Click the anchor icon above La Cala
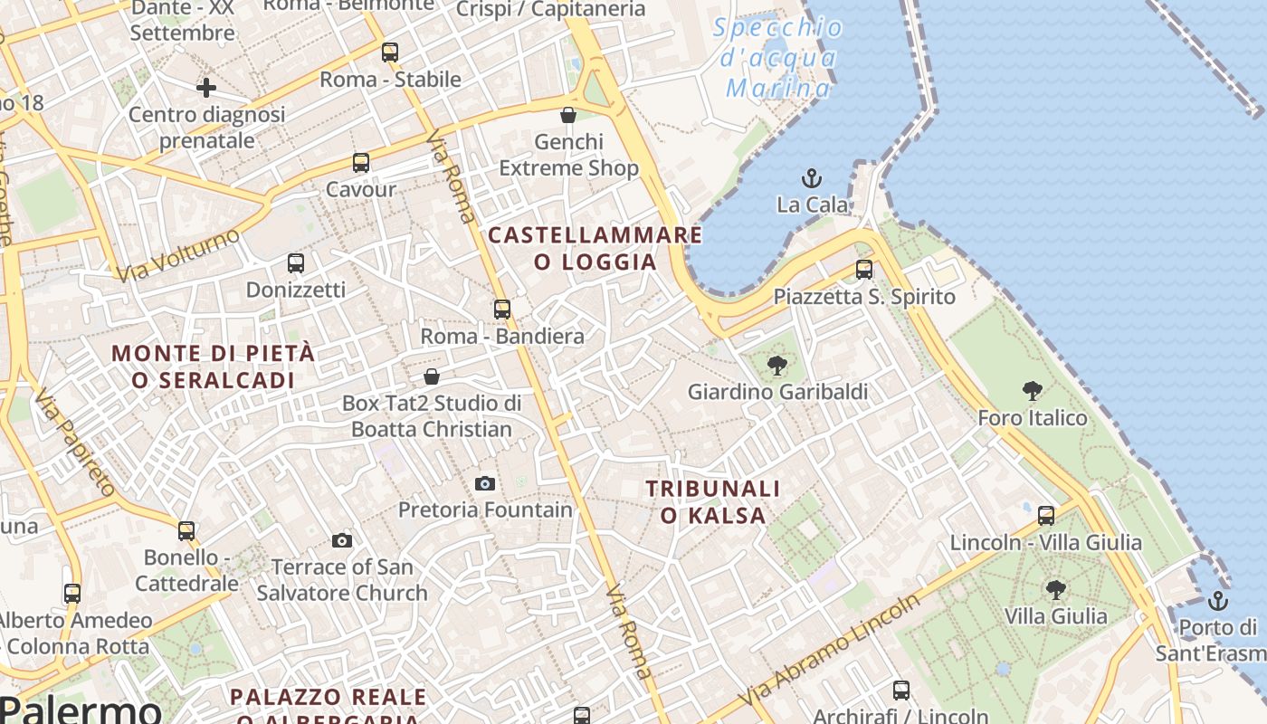812,177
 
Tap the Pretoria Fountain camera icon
485,483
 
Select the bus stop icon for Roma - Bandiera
502,310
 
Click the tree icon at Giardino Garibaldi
776,366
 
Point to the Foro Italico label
1033,418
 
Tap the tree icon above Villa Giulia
1055,590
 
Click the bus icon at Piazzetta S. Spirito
864,270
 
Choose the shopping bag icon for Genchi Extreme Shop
568,115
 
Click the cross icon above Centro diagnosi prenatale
206,88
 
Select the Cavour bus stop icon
361,163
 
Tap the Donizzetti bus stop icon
296,263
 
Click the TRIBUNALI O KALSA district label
713,502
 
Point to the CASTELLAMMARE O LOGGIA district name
595,249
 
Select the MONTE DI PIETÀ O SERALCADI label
214,367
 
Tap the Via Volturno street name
179,254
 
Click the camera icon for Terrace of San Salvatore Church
342,541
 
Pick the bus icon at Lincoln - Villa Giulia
1046,516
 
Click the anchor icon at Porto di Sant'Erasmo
1218,600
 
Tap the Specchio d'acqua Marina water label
778,58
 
